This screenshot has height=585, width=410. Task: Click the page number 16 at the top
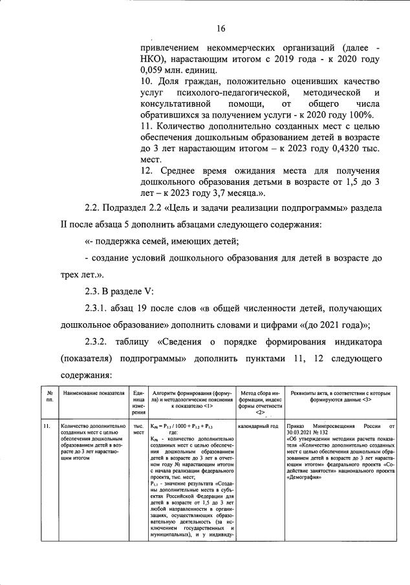tap(220, 28)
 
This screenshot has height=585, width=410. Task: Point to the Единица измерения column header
tap(138, 401)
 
